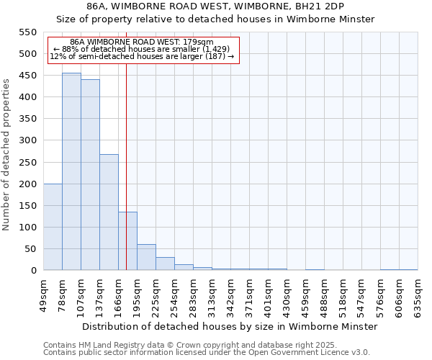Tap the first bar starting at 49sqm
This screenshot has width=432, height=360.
[53, 227]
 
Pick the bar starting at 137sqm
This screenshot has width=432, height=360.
[109, 212]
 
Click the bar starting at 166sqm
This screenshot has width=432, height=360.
[127, 241]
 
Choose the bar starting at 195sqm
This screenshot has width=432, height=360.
[146, 257]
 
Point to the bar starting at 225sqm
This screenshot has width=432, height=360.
[165, 264]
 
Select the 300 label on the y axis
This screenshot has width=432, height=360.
[27, 140]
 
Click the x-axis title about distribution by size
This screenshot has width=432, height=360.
[230, 326]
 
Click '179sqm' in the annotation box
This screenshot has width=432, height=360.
[199, 42]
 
